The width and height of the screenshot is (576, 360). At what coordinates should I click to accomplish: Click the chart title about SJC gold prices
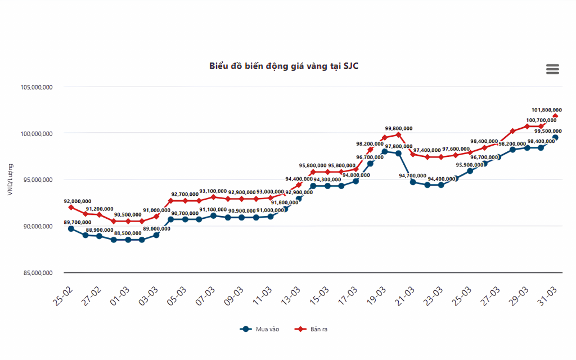[284, 66]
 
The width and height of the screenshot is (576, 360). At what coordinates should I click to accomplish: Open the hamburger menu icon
[552, 69]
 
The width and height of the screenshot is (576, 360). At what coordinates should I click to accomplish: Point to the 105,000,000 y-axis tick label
[37, 87]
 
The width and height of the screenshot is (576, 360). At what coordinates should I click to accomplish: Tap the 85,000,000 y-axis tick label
[37, 273]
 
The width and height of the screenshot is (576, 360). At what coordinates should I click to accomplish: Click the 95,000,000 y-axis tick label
[37, 180]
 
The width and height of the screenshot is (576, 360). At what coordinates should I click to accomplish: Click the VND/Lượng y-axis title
[10, 180]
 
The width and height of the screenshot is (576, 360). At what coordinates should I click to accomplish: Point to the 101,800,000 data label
[547, 110]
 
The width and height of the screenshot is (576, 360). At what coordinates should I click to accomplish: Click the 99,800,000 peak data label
[398, 128]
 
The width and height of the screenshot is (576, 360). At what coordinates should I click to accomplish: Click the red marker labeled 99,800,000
[398, 134]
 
